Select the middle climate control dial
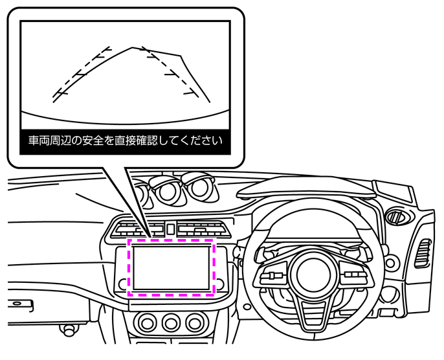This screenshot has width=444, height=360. point(171,322)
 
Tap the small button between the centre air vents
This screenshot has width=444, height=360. point(169,228)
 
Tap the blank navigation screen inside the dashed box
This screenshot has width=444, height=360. point(172,266)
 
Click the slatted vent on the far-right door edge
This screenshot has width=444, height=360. point(424,253)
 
